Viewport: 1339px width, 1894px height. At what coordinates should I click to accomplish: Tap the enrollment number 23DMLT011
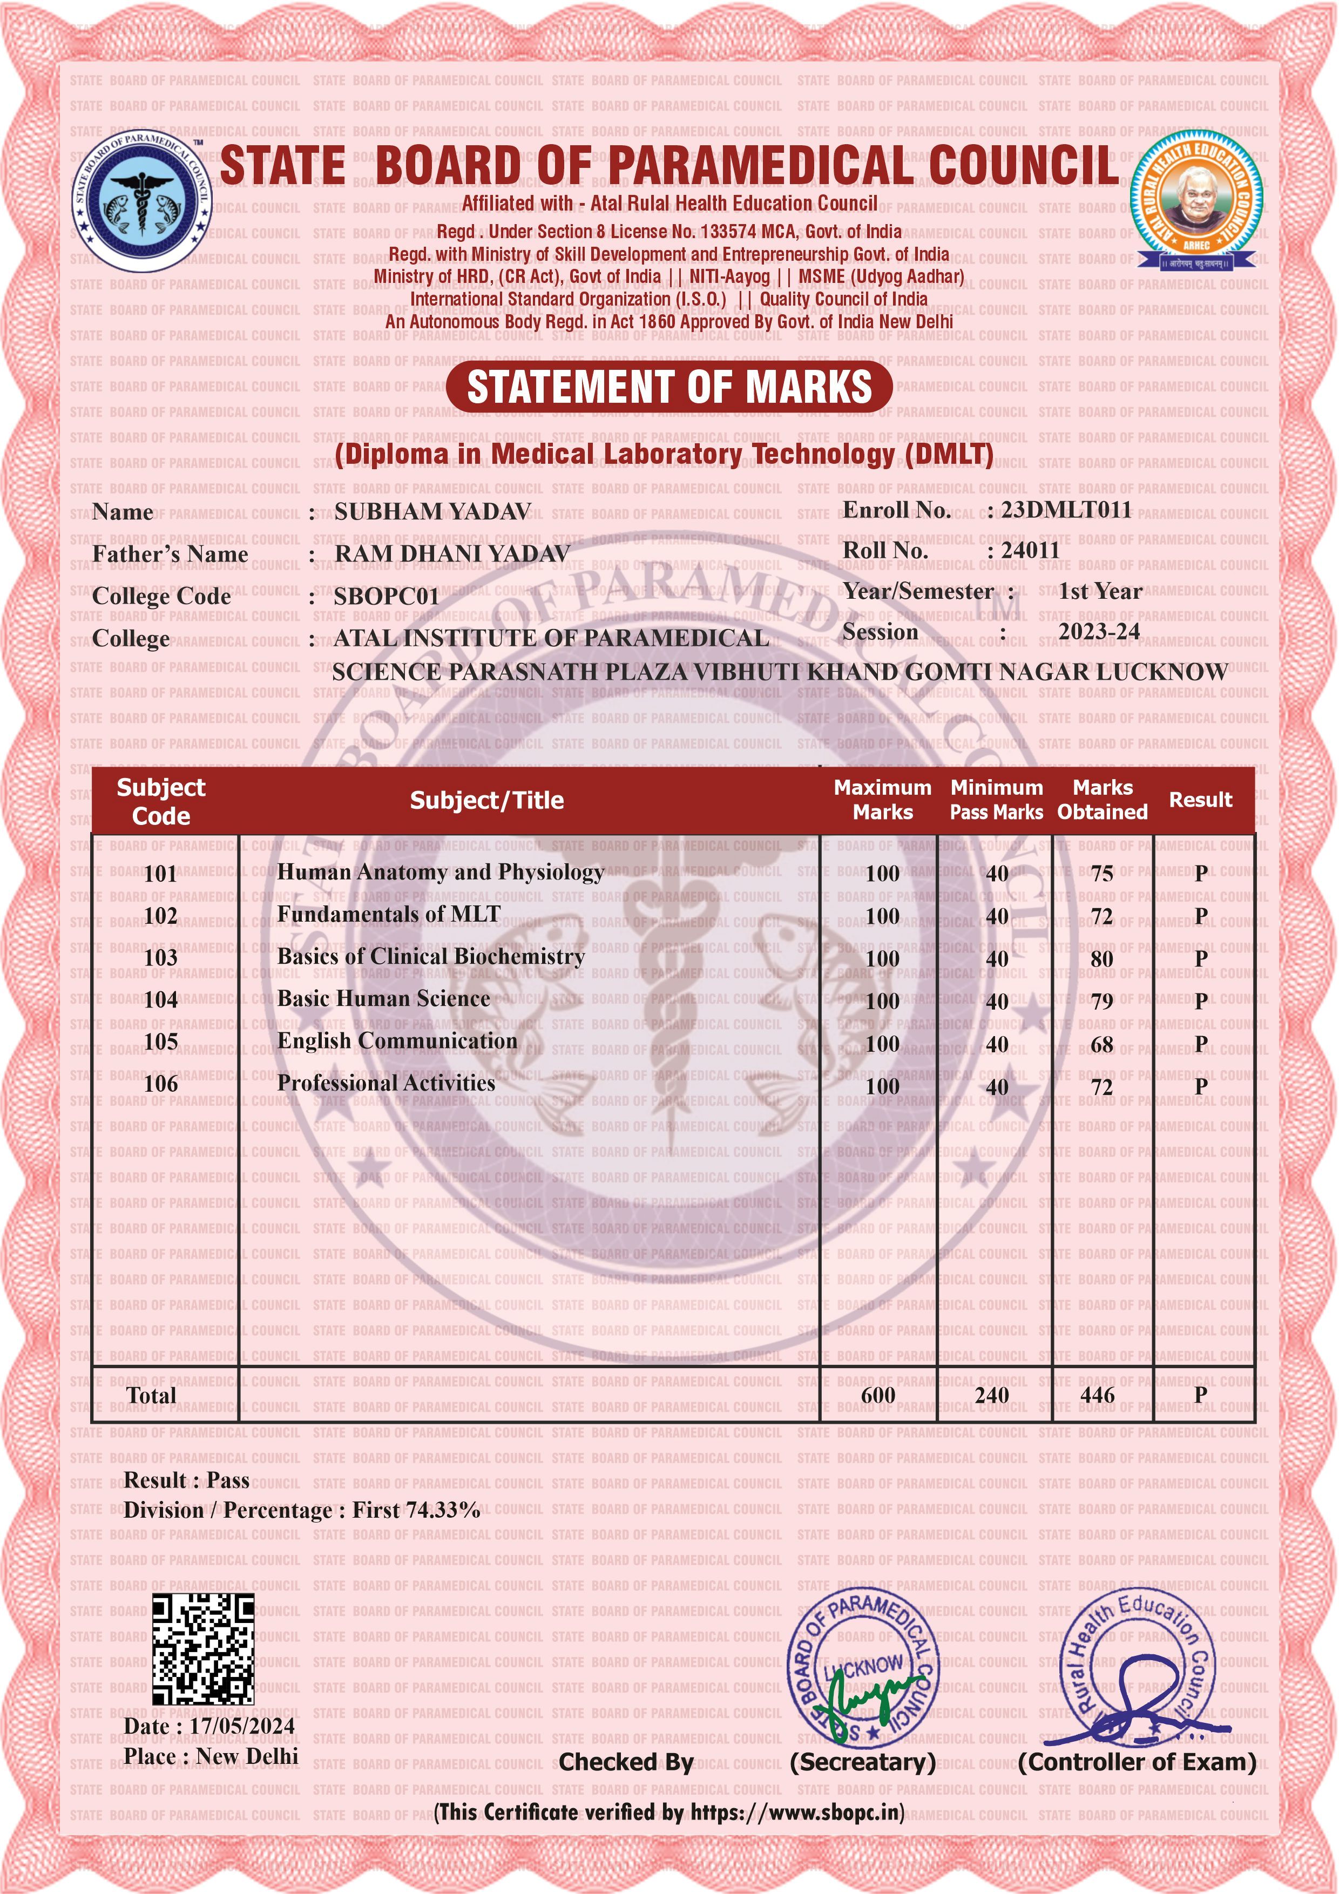(1066, 510)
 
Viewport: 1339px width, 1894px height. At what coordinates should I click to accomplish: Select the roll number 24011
(1030, 550)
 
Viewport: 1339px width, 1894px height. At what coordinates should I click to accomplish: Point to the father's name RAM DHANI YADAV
(451, 554)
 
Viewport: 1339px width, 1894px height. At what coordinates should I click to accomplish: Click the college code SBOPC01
(386, 597)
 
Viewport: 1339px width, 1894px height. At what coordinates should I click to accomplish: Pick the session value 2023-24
(1099, 632)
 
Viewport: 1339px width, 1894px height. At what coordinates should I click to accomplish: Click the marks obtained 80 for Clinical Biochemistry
(1101, 958)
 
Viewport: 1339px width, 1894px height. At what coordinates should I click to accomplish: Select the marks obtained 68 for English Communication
(1101, 1044)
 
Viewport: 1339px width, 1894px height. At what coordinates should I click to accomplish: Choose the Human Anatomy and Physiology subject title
(441, 872)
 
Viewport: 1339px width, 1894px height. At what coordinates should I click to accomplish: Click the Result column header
(1200, 800)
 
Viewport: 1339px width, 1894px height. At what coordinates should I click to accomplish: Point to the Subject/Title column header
(487, 800)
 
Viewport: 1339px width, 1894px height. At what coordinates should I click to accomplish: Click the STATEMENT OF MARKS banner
(669, 387)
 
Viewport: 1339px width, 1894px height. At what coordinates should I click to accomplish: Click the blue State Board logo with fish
(141, 200)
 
